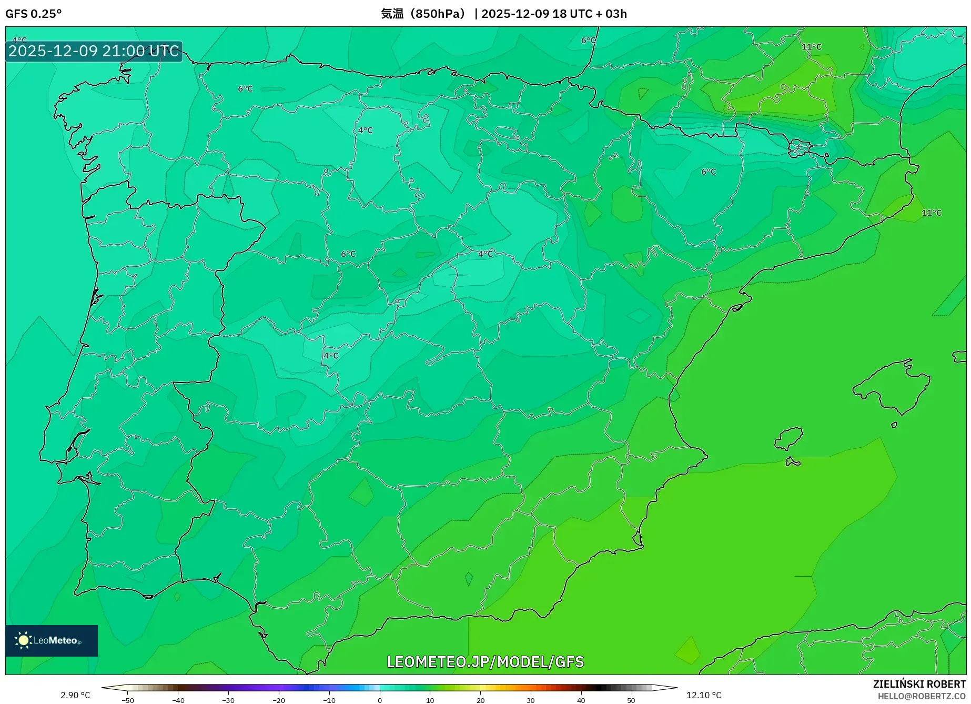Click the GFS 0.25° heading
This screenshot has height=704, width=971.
33,14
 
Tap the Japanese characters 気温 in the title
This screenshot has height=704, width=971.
392,14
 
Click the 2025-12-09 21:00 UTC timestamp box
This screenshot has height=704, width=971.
94,51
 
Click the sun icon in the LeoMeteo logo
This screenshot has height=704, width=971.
23,640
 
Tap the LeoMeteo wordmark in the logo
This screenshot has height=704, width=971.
56,640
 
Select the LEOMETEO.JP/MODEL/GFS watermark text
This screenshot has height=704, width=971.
485,661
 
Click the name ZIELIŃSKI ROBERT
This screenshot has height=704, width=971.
919,684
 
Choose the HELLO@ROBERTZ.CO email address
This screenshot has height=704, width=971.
921,696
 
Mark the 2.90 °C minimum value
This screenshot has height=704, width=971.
75,695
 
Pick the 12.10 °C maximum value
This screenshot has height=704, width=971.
704,695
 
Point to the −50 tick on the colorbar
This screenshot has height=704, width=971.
128,700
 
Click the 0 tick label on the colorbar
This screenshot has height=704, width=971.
379,700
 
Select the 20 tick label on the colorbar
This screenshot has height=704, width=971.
480,700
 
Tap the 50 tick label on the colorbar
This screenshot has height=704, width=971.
631,700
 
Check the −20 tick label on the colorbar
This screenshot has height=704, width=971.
279,700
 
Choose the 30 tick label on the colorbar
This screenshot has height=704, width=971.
530,700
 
